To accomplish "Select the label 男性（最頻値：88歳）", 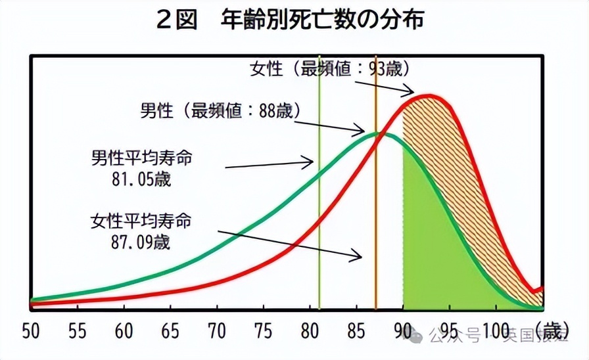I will (x=221, y=110).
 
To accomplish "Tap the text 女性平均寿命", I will (x=141, y=221).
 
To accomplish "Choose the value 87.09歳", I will (x=141, y=241).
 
